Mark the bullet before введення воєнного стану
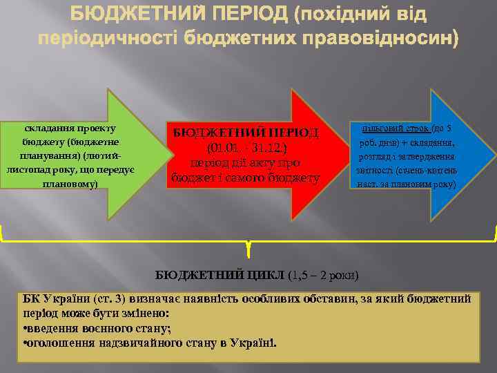(x=25, y=329)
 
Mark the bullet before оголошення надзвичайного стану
(x=25, y=343)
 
